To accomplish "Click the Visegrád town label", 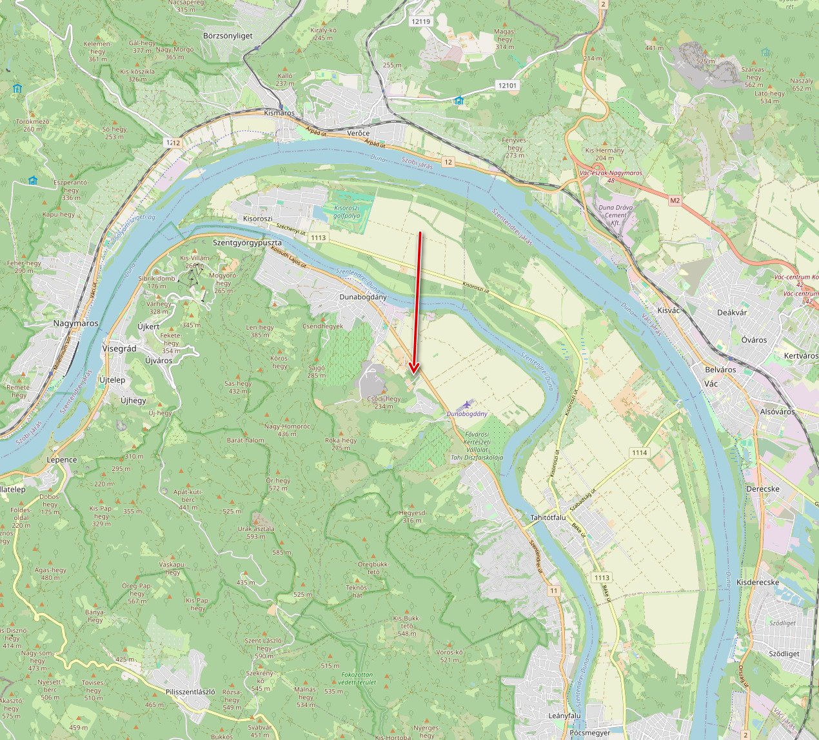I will (x=119, y=348).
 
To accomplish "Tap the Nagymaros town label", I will (x=76, y=323).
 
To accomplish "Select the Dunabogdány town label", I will (x=363, y=297).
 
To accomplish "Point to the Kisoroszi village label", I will (x=259, y=219).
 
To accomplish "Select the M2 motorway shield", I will (x=675, y=201).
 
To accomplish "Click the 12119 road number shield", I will (x=420, y=21).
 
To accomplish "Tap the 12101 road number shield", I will (x=508, y=85).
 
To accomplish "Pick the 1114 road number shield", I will (x=639, y=452).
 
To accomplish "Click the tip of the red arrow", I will (x=414, y=374).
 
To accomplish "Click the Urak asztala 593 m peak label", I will (x=256, y=532).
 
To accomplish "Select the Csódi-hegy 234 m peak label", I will (x=384, y=403).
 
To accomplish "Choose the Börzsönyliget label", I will (x=228, y=36).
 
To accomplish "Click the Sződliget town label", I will (x=784, y=654).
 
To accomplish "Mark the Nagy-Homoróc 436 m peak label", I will (x=287, y=430).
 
